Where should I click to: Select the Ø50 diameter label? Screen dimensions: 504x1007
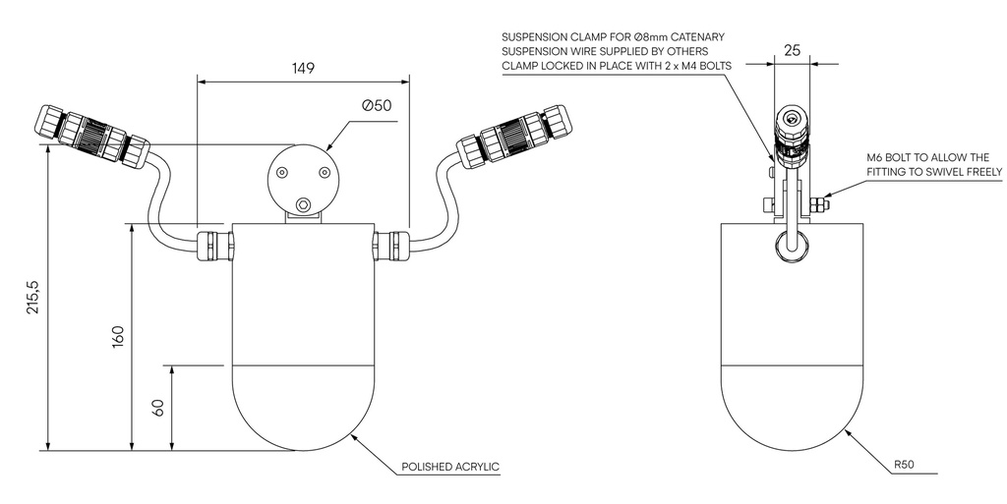tap(378, 105)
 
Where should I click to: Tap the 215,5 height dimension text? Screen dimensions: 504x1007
tap(33, 298)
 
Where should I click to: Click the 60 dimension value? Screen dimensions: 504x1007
tap(157, 408)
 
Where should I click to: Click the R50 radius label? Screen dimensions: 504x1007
tap(905, 466)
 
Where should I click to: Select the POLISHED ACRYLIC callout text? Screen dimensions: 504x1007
tap(451, 467)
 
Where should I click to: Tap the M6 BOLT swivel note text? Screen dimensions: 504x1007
tap(934, 164)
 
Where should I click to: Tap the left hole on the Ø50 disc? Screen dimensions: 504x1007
tap(282, 173)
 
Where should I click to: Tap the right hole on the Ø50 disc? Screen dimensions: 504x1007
tap(324, 173)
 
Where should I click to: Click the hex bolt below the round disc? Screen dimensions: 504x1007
tap(303, 205)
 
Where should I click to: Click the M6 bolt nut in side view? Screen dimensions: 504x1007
tap(819, 205)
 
